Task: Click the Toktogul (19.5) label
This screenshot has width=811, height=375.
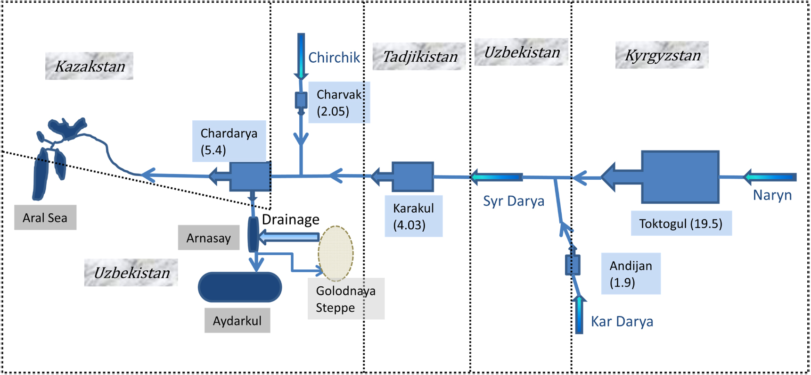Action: [x=681, y=223]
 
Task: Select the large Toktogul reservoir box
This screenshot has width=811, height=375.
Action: [x=680, y=177]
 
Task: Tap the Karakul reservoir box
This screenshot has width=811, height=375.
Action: [x=413, y=177]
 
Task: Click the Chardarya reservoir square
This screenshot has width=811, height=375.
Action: [x=250, y=176]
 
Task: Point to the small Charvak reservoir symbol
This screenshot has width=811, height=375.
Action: [x=301, y=100]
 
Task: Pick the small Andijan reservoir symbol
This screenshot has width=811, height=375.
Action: [x=573, y=265]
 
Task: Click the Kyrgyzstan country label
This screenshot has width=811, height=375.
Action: [x=662, y=55]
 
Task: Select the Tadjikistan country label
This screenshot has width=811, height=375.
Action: [x=419, y=57]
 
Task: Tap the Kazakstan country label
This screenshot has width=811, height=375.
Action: [x=90, y=66]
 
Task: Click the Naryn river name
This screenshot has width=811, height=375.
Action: [x=772, y=195]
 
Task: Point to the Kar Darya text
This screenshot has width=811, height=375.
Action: [x=622, y=321]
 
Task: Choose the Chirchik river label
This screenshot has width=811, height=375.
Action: [x=334, y=58]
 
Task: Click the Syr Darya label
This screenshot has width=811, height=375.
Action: [x=513, y=201]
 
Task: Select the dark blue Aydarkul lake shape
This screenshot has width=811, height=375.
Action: [x=240, y=287]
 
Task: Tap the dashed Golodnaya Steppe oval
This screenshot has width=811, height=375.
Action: [x=336, y=253]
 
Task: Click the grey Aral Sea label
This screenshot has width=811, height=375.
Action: [x=45, y=217]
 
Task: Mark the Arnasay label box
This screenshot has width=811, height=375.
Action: [x=209, y=238]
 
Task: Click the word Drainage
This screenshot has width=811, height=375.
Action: [x=290, y=219]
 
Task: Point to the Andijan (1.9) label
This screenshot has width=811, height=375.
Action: [x=631, y=274]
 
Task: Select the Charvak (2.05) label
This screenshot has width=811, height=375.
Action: [x=338, y=102]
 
